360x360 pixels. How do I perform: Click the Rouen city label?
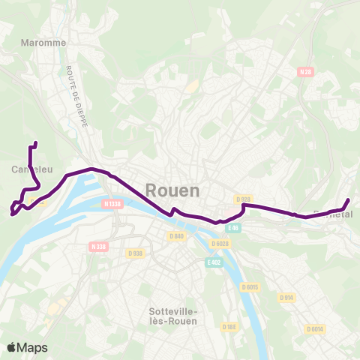click(x=172, y=190)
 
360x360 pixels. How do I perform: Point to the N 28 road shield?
click(x=304, y=72)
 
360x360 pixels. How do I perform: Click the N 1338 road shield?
click(x=112, y=203)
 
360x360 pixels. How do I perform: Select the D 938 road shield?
click(x=136, y=253)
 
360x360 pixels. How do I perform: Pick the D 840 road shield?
click(x=176, y=236)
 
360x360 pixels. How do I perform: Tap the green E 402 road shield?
click(x=214, y=262)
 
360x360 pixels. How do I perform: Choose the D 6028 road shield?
click(x=220, y=243)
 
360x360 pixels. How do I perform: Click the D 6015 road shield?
click(x=250, y=287)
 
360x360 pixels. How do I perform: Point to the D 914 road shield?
click(x=286, y=297)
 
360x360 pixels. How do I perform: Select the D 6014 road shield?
click(x=315, y=328)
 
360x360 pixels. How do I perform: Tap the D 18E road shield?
click(x=229, y=326)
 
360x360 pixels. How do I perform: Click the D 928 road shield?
click(x=241, y=199)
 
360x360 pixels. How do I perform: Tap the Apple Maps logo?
click(x=26, y=347)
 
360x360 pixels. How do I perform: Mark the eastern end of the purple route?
click(x=348, y=199)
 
